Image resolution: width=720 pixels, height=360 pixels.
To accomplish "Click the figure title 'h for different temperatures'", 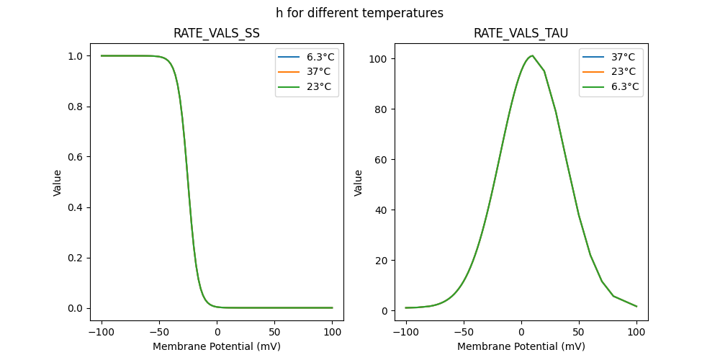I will pyautogui.click(x=359, y=13).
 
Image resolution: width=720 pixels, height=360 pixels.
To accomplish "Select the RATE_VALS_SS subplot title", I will pyautogui.click(x=217, y=34).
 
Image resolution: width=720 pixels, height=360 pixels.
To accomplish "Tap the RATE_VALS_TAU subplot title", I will pyautogui.click(x=521, y=34).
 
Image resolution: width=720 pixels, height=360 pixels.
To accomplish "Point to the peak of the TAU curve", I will pyautogui.click(x=532, y=55).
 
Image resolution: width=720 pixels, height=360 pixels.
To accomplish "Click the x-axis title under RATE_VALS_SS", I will pyautogui.click(x=217, y=346).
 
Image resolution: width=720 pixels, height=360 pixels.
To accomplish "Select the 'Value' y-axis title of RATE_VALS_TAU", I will pyautogui.click(x=358, y=183).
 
